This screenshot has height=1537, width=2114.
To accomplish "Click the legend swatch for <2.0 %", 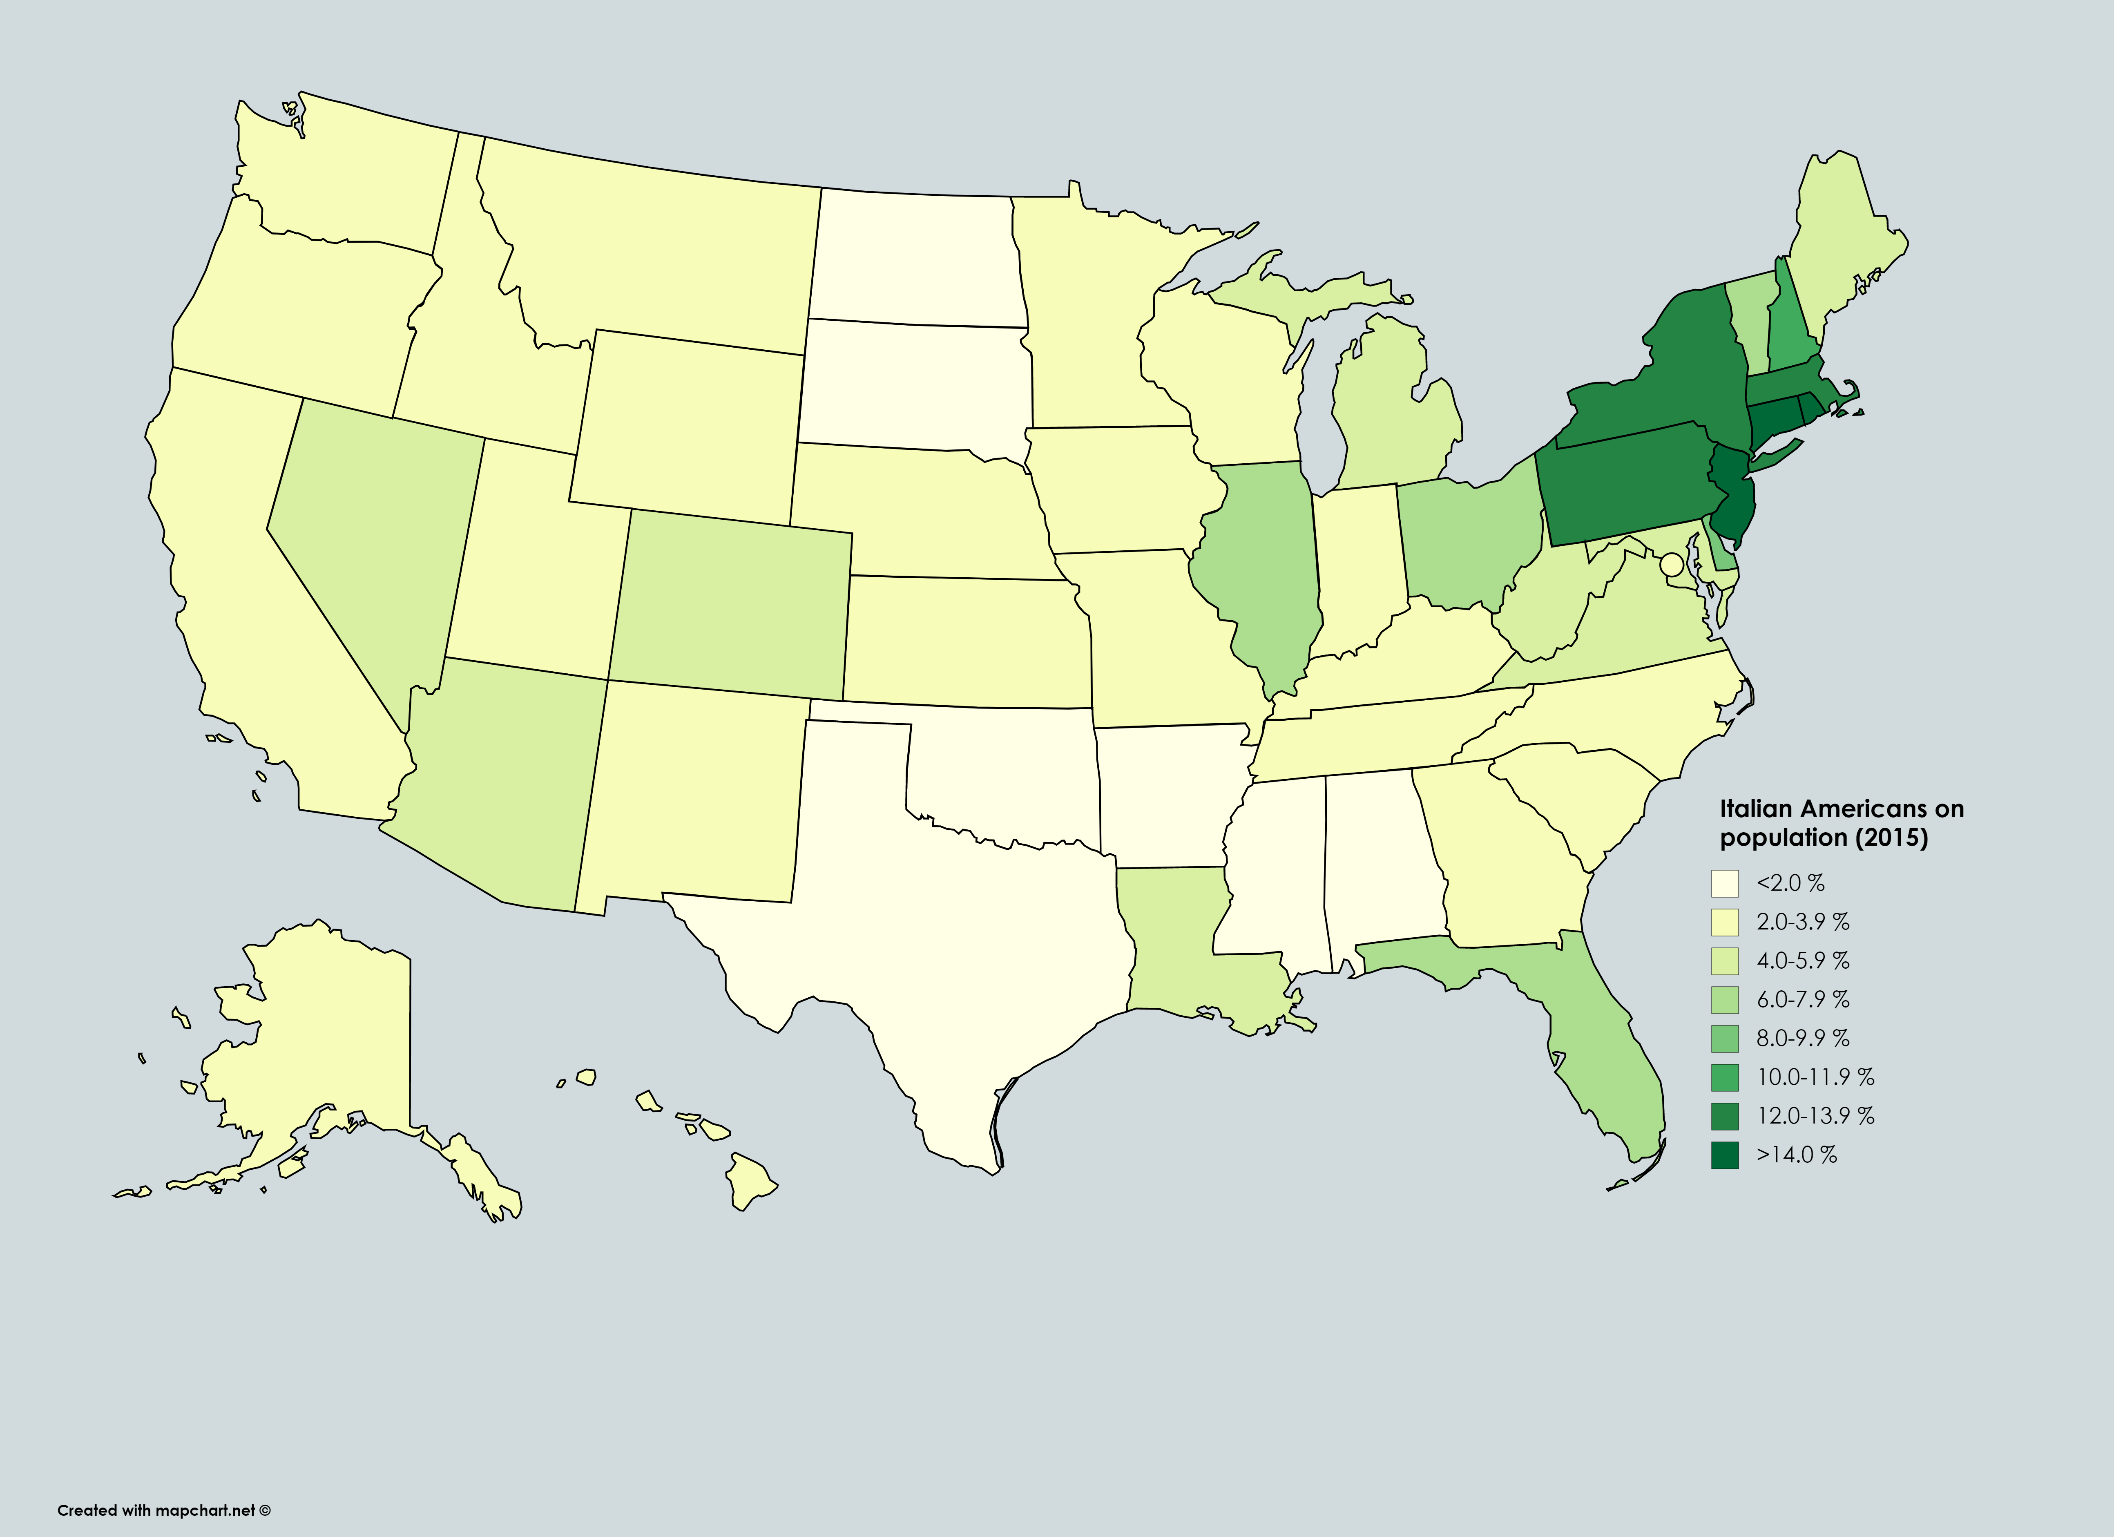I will pos(1724,882).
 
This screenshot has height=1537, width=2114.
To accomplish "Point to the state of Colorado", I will pos(732,606).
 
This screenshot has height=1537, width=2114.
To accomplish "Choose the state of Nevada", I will pos(373,541).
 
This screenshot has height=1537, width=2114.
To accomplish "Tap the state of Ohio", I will pos(1459,541).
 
